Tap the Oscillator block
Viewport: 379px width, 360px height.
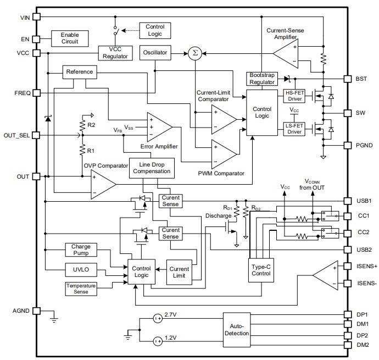click(155, 53)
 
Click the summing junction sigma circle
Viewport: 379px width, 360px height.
click(194, 53)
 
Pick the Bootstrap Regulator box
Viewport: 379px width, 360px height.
click(263, 79)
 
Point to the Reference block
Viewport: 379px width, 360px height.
click(79, 72)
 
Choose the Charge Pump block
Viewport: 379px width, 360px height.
click(81, 250)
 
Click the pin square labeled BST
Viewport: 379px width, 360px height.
click(347, 79)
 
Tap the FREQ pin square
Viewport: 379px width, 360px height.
click(37, 93)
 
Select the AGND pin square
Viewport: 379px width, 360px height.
click(37, 311)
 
